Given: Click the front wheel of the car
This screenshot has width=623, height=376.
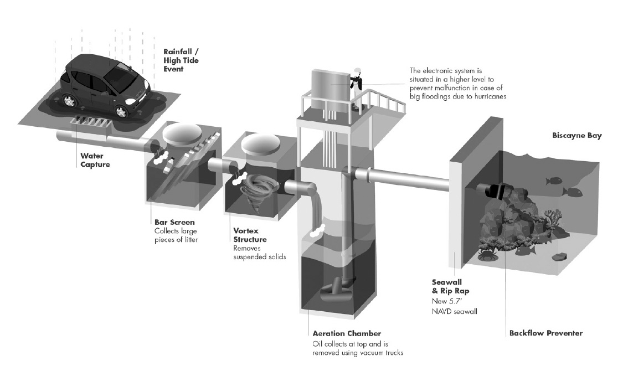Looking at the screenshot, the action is pyautogui.click(x=121, y=112).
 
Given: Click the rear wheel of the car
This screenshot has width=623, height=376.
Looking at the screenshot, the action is pyautogui.click(x=70, y=100).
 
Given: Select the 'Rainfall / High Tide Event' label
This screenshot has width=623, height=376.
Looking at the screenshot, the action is pyautogui.click(x=181, y=60).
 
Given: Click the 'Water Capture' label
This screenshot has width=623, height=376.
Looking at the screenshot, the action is pyautogui.click(x=95, y=160).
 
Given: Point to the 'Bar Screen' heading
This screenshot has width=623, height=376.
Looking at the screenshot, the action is pyautogui.click(x=174, y=222).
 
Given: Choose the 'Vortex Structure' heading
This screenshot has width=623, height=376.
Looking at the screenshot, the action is pyautogui.click(x=250, y=235).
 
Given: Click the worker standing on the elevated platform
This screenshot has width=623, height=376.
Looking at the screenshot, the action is pyautogui.click(x=357, y=88).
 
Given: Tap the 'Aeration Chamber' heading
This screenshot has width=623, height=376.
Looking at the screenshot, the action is pyautogui.click(x=347, y=333).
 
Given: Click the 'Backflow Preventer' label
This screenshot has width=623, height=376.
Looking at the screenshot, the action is pyautogui.click(x=546, y=333).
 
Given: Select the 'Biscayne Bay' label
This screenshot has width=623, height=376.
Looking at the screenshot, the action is pyautogui.click(x=577, y=136).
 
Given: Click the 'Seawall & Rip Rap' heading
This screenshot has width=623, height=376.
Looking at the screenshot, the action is pyautogui.click(x=450, y=286).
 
